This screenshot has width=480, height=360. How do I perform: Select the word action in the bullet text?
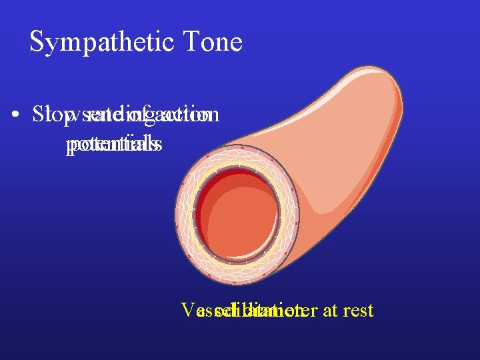click(193, 115)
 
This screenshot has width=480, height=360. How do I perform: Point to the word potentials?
click(114, 144)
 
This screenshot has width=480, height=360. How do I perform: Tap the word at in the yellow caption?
click(329, 310)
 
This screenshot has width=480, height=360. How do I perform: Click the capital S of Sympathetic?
click(37, 43)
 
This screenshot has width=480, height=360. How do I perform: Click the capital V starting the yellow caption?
click(187, 310)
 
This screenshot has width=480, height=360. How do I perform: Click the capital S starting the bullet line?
click(37, 115)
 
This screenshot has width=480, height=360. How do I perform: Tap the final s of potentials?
click(157, 144)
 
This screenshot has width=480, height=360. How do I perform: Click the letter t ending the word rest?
click(370, 310)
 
